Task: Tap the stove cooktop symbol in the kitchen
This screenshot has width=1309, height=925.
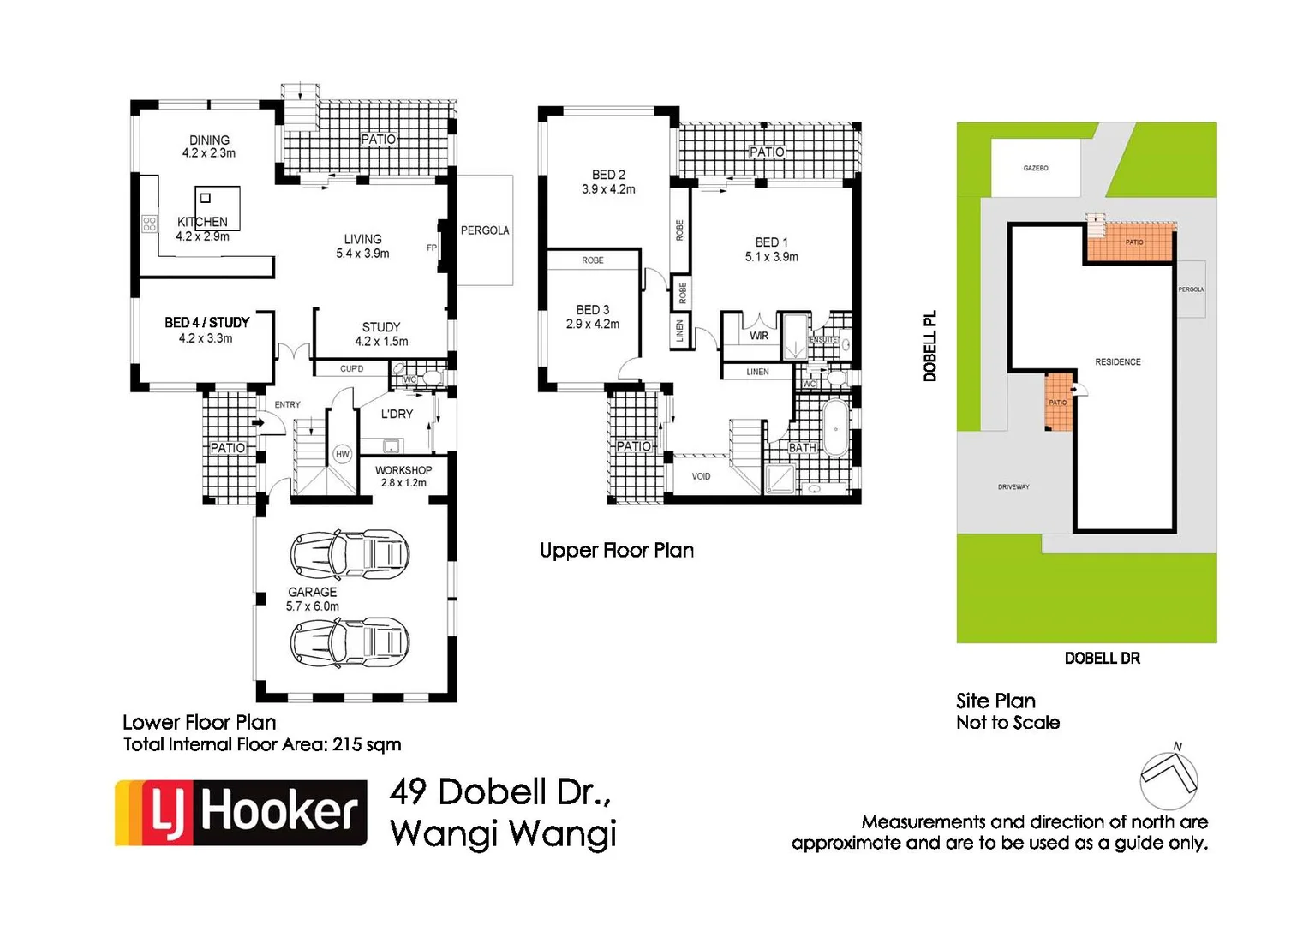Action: coord(149,224)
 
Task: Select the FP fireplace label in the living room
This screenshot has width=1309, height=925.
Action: coord(432,248)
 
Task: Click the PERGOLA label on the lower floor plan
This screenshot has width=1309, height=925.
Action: coord(485,230)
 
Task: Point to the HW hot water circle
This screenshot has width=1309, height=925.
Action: coord(343,454)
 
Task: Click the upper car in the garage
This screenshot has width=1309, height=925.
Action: coord(350,553)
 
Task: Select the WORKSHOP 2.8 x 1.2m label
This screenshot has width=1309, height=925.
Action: coord(403,476)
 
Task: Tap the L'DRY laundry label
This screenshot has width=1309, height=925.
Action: coord(397,414)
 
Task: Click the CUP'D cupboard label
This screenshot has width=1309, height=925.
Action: coord(352,369)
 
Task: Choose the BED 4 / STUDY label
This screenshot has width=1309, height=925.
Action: coord(207,323)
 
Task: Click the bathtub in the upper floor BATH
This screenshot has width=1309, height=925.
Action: coord(834,429)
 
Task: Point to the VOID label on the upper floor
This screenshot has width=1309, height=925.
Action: coord(701,476)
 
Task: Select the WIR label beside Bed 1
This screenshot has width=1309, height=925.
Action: coord(759,336)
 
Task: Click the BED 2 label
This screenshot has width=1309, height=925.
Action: coord(608,175)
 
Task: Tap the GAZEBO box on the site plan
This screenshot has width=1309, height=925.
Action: coord(1036,168)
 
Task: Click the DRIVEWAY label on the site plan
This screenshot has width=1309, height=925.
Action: coord(1013,486)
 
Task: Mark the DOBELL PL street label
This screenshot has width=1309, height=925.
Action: coord(930,345)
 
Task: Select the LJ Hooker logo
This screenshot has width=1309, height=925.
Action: coord(242,812)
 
